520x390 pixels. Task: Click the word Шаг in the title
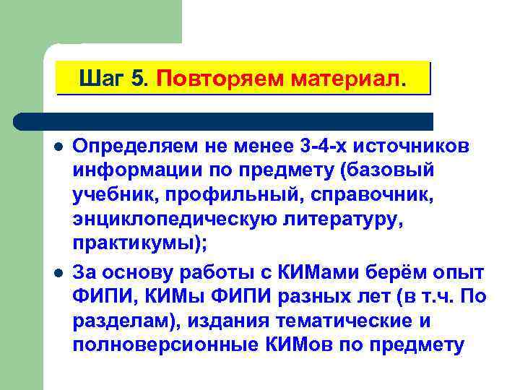(103, 77)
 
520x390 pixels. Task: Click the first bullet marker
(58, 147)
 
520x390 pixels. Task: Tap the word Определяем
(135, 147)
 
